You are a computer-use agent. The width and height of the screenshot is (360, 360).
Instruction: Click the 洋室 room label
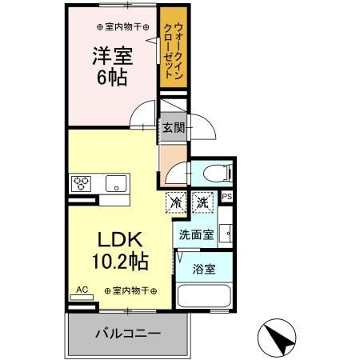coord(111,57)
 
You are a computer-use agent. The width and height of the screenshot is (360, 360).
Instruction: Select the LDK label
coord(121,240)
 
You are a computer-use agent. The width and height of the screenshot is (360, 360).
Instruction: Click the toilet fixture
coord(215,171)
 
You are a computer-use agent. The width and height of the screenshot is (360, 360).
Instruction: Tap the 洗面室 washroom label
coord(195,235)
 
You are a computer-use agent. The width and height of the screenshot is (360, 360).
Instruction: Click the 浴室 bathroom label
coord(203,270)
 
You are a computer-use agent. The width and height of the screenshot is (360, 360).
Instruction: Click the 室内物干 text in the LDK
coord(130,290)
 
